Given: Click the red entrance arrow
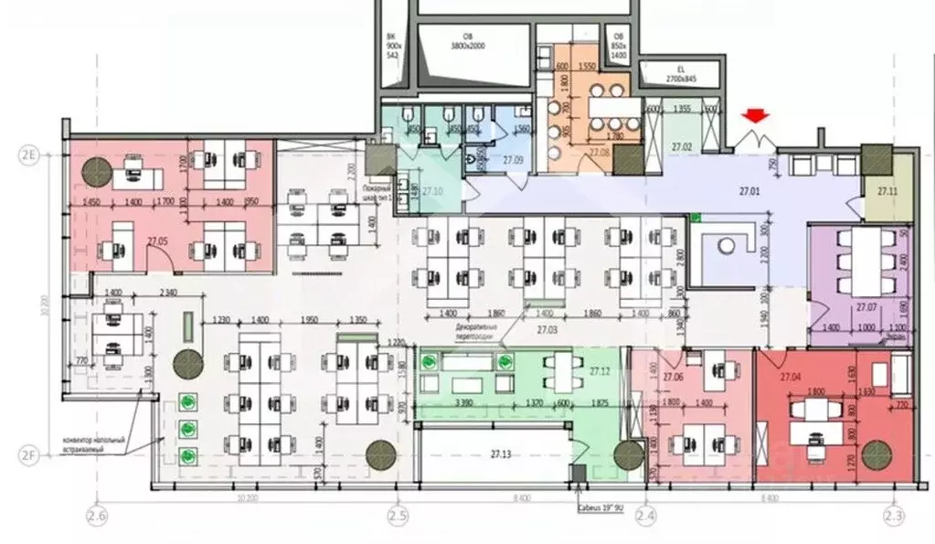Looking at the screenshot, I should [755, 116].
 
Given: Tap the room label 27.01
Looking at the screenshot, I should [749, 193].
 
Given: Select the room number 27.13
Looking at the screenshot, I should [500, 453].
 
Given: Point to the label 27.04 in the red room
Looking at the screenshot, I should [791, 376].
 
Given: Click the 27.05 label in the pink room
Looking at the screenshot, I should [156, 241].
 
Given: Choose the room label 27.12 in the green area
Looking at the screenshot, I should [600, 371].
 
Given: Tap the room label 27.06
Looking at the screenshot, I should [674, 376].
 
